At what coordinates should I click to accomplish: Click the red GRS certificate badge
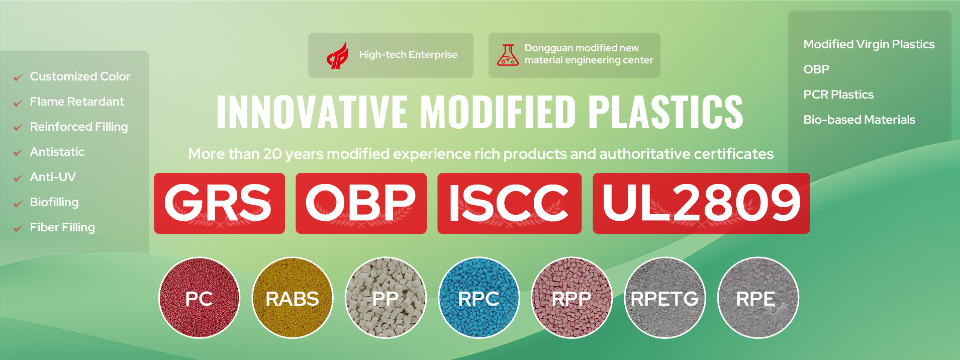(x=219, y=203)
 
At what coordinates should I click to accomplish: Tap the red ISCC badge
(x=509, y=203)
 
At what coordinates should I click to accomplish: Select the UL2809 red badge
(x=701, y=203)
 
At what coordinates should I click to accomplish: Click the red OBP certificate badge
(x=361, y=203)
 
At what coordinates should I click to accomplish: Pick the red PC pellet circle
(x=199, y=298)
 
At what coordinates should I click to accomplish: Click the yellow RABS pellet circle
(x=292, y=298)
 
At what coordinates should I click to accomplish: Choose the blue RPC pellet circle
(x=478, y=298)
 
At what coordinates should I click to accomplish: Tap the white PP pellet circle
(x=386, y=298)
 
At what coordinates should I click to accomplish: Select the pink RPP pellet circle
(x=571, y=298)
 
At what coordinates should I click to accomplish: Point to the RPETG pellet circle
(x=664, y=298)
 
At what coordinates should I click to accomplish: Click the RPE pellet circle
(x=757, y=298)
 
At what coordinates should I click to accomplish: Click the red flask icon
(x=508, y=55)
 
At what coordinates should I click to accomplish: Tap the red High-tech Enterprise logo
(x=338, y=55)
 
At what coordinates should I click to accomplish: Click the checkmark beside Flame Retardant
(x=18, y=103)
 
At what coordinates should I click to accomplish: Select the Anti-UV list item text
(x=53, y=177)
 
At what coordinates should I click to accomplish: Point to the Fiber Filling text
(x=62, y=227)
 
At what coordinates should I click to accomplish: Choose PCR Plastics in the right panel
(x=838, y=95)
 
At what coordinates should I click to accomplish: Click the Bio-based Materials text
(x=859, y=120)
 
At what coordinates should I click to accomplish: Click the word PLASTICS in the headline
(x=665, y=112)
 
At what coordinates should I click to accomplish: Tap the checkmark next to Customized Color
(x=18, y=78)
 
